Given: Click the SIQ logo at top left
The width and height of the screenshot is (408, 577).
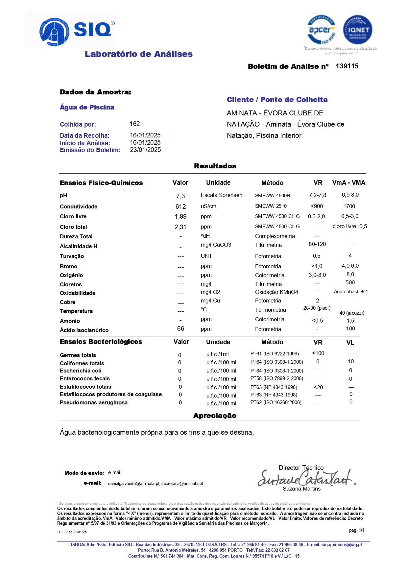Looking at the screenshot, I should click(76, 31).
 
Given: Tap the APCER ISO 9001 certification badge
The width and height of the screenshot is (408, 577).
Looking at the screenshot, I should click(321, 30).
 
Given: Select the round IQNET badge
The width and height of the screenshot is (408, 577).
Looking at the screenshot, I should click(357, 30).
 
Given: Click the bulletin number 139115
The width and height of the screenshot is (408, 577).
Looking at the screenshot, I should click(347, 66).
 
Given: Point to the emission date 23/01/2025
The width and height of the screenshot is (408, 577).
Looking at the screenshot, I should click(145, 150).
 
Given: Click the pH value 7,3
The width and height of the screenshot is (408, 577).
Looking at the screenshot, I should click(180, 196).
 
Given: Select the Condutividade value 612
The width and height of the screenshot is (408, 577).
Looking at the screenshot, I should click(180, 206).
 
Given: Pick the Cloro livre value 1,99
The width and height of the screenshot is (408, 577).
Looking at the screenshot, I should click(180, 217).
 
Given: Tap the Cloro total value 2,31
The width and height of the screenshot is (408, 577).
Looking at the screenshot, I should click(180, 227).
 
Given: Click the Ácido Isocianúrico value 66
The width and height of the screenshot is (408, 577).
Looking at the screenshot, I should click(180, 328).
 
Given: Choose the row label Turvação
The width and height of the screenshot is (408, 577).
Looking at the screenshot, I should click(72, 256).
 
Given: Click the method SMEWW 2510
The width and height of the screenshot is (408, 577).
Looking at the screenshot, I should click(271, 206).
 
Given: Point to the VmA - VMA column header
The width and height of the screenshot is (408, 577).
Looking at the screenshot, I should click(348, 182).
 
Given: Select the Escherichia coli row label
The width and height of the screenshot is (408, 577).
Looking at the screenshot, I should click(81, 371).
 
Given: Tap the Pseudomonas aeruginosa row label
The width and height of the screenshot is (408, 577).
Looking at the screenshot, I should click(93, 402).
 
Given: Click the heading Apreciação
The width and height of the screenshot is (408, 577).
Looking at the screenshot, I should click(215, 416).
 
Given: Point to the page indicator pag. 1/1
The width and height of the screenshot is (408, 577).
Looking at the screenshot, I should click(356, 530).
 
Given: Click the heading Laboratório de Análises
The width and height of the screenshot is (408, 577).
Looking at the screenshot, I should click(138, 54).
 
